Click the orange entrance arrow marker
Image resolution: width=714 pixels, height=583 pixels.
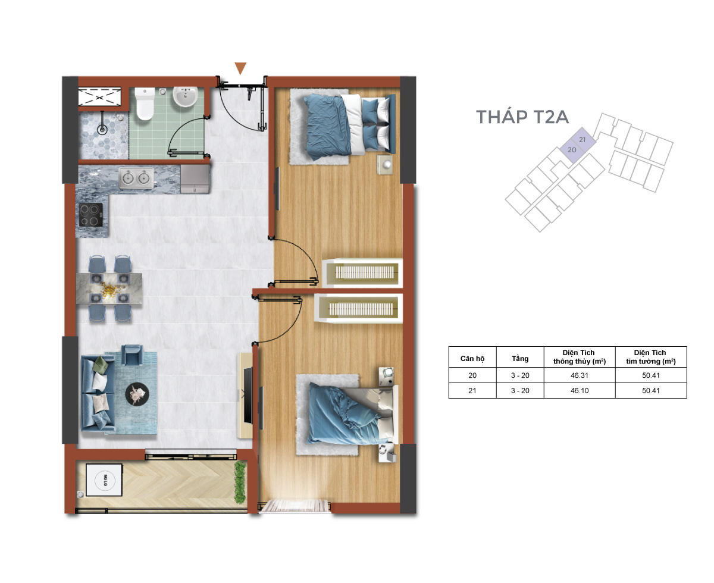pos(240,68)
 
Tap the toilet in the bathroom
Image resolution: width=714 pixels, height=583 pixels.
pos(145,104)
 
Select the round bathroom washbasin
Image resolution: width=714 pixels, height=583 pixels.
pos(185,96)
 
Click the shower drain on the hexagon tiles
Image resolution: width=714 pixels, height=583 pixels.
pos(102,129)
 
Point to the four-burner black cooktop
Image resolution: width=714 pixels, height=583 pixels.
pos(90,215)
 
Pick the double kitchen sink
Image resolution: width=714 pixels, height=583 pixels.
pos(136,178)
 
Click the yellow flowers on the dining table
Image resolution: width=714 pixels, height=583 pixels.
pos(109,290)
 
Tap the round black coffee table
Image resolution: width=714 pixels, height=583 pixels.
pos(137,394)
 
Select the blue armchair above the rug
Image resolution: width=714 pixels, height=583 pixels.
pos(131,355)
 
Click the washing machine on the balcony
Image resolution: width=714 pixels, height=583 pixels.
pos(104,479)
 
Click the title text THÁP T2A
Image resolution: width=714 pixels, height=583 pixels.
pos(522,116)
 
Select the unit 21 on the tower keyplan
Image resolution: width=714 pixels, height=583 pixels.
pos(583,139)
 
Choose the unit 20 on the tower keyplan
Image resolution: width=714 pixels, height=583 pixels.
pos(571,150)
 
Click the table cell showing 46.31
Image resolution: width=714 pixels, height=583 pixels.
pos(580,375)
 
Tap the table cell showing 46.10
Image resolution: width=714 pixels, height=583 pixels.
pos(580,390)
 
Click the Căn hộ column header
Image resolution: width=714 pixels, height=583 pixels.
pos(472,358)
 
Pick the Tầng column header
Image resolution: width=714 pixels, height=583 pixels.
pos(520,358)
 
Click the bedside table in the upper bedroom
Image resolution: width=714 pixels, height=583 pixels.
pos(386,165)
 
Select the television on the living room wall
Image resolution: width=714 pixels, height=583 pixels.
pos(248,395)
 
